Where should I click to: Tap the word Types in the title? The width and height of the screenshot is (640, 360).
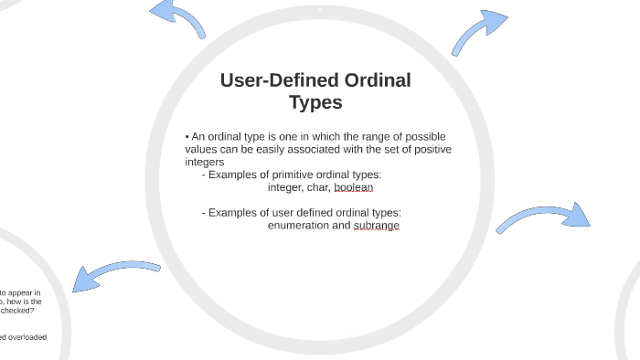tap(315, 102)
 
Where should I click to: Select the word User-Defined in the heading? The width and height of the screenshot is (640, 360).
tap(272, 80)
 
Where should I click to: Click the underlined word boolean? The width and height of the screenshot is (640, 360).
tap(354, 187)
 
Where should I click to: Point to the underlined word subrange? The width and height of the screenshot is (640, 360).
tap(377, 225)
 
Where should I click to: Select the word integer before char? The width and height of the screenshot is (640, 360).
tap(284, 187)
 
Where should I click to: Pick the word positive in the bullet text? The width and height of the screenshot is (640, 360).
tap(429, 149)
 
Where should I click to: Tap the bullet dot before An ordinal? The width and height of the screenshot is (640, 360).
tap(187, 136)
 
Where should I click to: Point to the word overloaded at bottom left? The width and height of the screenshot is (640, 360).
tap(27, 337)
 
